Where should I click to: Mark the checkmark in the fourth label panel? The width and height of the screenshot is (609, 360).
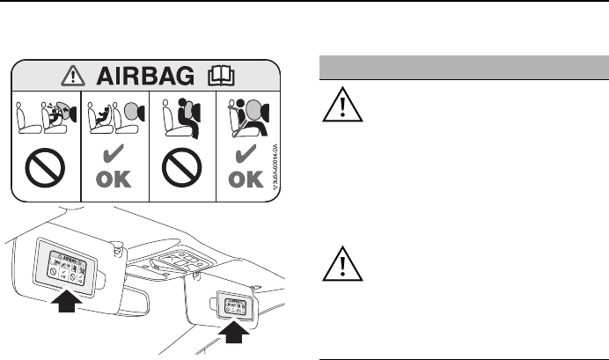click(249, 155)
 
